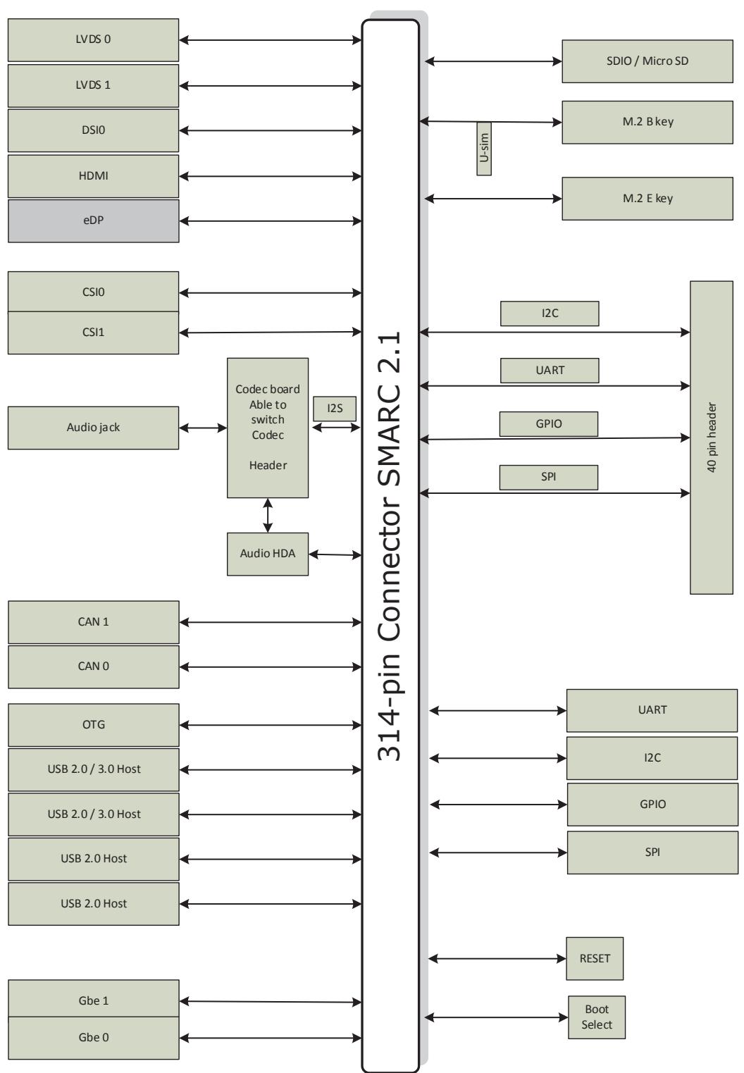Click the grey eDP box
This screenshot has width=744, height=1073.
point(94,221)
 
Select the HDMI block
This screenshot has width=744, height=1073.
point(94,176)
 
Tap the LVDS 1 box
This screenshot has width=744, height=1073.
point(94,85)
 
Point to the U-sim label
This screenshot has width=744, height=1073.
point(484,149)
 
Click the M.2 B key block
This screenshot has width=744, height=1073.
point(647,122)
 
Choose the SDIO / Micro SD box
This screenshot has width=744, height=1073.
point(647,61)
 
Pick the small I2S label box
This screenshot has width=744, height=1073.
point(335,409)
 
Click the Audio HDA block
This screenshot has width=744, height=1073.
point(267,554)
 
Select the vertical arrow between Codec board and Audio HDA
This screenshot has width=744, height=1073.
point(268,516)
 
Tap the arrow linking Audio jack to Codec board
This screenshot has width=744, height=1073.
point(203,428)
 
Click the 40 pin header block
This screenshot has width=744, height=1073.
point(712,438)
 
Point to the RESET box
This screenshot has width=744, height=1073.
point(595,959)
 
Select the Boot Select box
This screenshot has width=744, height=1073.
point(597,1017)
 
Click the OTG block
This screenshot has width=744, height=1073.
point(94,725)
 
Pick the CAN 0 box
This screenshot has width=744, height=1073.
point(94,666)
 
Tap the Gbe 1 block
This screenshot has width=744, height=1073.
point(94,1000)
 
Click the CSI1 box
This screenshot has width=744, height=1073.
point(94,333)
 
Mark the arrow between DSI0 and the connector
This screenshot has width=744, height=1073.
point(271,130)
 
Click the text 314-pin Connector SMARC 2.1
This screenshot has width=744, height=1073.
point(389,546)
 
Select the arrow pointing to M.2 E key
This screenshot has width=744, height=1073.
point(493,198)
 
